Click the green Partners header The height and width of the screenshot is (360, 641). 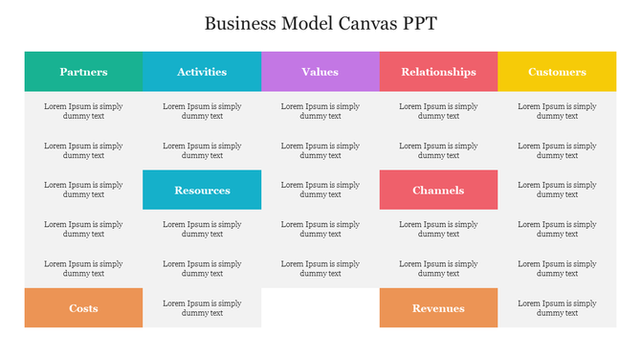point(83,72)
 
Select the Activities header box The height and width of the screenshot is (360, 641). point(202,72)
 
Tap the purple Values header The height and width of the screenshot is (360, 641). point(320,72)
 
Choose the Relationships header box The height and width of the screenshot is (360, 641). point(438,72)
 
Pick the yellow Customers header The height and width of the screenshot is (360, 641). point(557,72)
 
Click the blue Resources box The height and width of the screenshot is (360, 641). point(202,190)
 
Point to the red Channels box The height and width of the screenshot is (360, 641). point(438,190)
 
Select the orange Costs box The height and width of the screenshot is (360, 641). point(83,308)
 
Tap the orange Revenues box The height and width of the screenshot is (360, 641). point(438,308)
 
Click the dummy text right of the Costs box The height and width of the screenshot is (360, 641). point(202,308)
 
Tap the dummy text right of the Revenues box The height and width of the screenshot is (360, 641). point(557,308)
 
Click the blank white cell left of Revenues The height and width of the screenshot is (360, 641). point(320,308)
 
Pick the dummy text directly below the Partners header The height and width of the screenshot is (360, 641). point(83,111)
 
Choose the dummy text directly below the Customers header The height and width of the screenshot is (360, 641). point(557,111)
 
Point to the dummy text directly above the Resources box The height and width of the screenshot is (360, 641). point(202,150)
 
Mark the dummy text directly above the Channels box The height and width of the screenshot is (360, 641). point(438,150)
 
